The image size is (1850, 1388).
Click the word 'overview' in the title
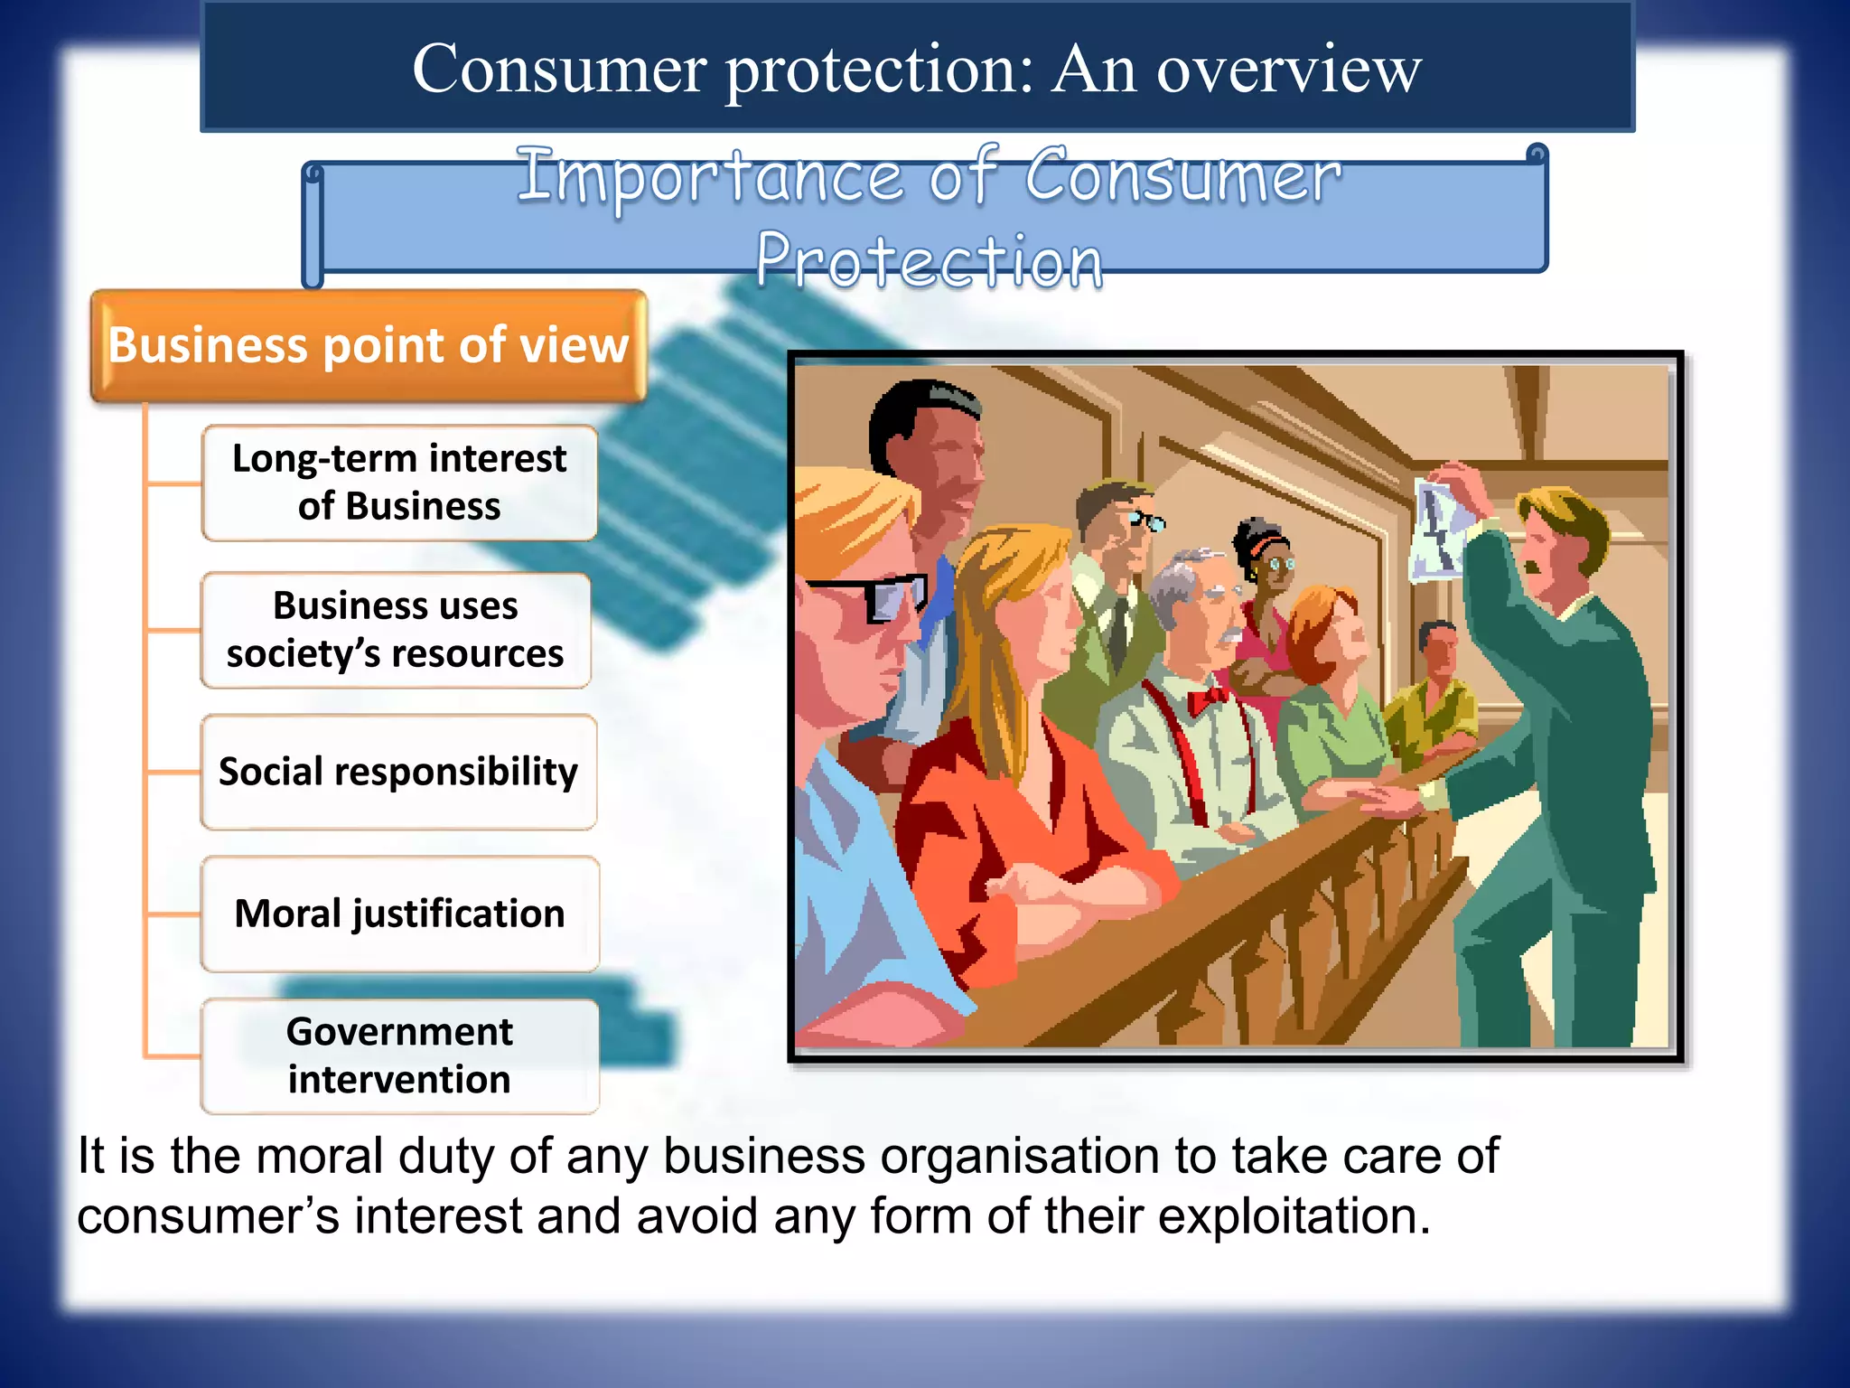click(x=1289, y=70)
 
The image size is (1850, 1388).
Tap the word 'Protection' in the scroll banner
click(x=930, y=260)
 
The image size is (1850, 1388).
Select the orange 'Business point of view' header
click(x=369, y=345)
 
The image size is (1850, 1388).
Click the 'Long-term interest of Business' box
click(x=399, y=483)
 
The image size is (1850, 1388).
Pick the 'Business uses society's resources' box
click(x=396, y=630)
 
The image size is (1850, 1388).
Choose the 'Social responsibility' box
click(x=398, y=772)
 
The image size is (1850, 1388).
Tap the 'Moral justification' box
click(x=399, y=914)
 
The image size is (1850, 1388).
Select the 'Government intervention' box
click(x=399, y=1055)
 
